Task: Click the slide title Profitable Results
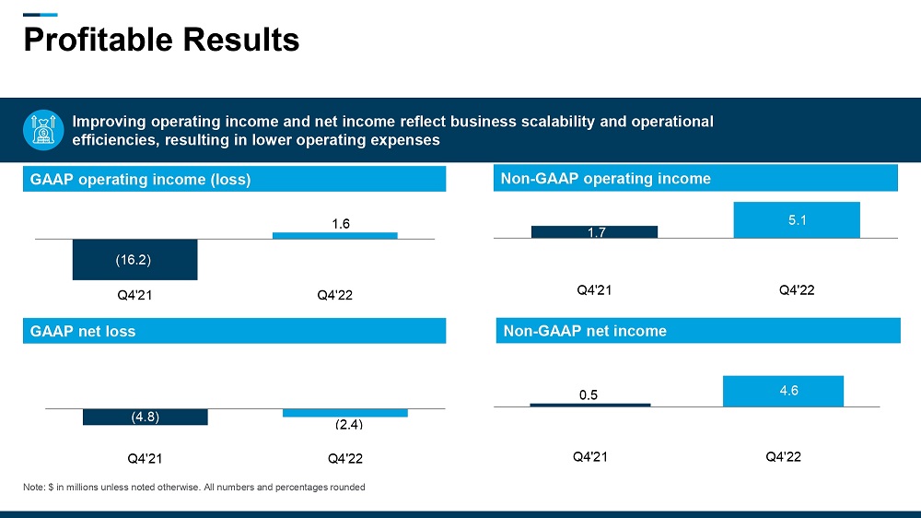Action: tap(161, 40)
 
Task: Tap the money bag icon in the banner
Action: tap(42, 131)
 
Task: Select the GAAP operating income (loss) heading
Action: tap(140, 180)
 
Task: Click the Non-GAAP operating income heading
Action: tap(605, 179)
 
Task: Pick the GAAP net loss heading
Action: tap(83, 331)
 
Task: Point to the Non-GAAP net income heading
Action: tap(583, 331)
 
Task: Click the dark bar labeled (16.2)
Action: tap(134, 259)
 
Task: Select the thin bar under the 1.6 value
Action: tap(335, 235)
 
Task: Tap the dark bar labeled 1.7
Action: tap(594, 232)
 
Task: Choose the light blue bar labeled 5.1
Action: tap(797, 220)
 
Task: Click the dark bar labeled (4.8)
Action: tap(145, 417)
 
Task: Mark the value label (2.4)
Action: tap(348, 425)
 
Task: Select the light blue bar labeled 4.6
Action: tap(783, 391)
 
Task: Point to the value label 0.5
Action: tap(589, 394)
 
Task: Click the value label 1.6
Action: tap(341, 223)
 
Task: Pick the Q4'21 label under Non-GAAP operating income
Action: tap(595, 290)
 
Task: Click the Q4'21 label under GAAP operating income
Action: tap(134, 296)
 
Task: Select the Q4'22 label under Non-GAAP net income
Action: tap(784, 457)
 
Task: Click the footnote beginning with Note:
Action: tap(193, 488)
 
